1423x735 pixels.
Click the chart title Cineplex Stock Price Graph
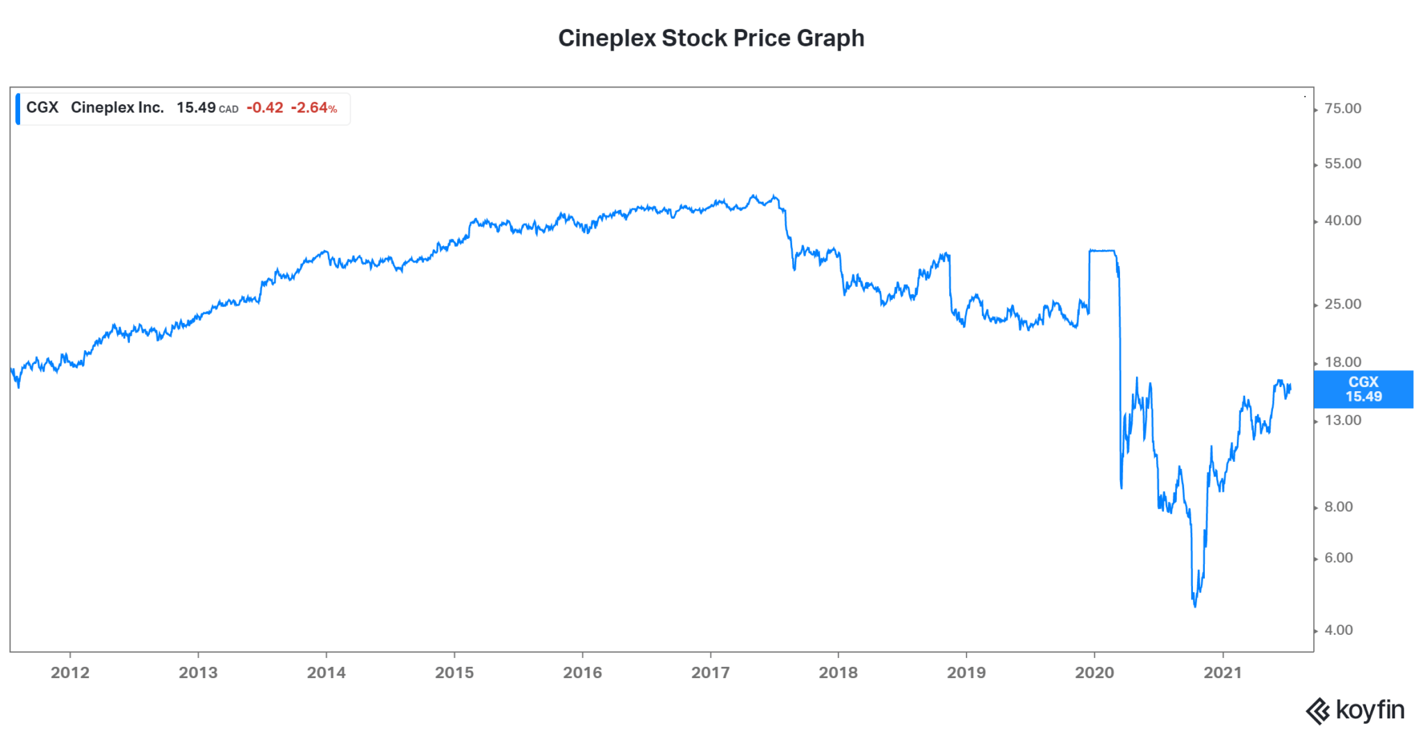711,38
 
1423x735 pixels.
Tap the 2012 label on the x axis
70,672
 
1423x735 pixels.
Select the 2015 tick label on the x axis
454,672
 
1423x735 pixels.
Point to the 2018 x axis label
838,672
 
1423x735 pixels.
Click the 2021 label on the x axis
1222,672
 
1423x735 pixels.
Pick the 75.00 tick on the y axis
1342,108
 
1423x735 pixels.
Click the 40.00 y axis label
1342,221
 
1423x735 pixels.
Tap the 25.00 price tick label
1342,304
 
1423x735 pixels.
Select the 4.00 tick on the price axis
1338,630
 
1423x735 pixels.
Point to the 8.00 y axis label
1338,507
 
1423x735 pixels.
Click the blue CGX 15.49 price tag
1363,389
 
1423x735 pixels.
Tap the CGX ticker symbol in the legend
42,108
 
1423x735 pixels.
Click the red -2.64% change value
313,108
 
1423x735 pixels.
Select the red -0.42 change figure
265,108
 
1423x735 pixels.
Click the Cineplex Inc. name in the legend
117,108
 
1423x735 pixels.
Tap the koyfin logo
1356,711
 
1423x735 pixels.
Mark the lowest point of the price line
1195,606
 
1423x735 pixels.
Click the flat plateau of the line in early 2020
1102,250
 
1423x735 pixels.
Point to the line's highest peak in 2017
753,196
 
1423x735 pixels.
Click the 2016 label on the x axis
582,672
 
